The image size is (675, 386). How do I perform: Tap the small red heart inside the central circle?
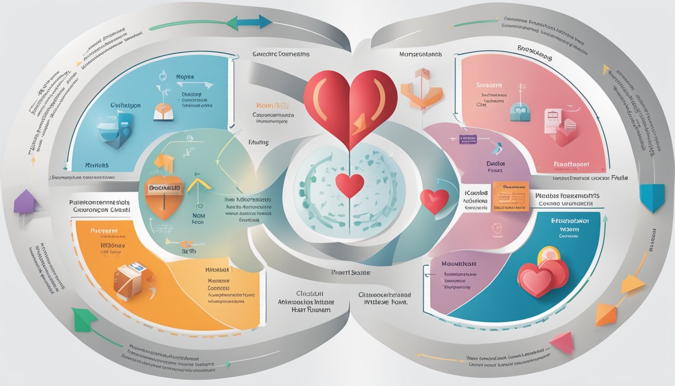(350, 185)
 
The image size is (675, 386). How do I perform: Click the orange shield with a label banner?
(164, 193)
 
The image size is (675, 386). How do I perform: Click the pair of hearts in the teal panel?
(542, 274)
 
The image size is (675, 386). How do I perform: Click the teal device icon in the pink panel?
(519, 112)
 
